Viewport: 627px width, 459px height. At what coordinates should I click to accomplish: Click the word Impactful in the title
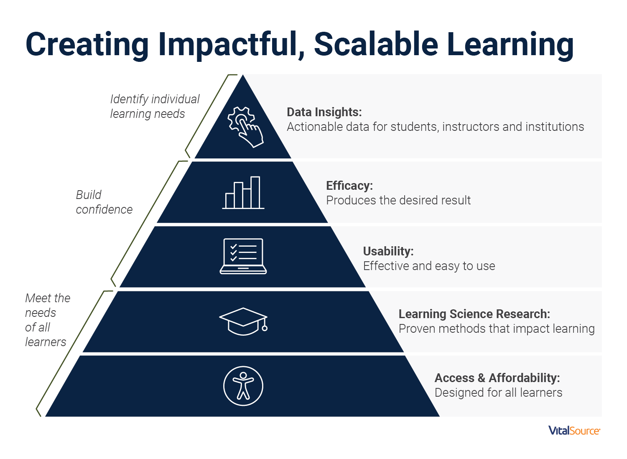click(231, 45)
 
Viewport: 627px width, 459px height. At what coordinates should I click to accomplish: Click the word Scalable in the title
click(376, 44)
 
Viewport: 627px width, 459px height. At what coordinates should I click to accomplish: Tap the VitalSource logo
click(574, 431)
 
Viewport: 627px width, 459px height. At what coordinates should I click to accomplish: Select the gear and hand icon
click(245, 127)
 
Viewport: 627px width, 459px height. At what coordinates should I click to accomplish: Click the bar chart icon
click(243, 193)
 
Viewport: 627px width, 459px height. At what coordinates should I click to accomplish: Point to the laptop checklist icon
click(243, 256)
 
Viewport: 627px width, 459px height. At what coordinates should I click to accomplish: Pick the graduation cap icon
click(243, 321)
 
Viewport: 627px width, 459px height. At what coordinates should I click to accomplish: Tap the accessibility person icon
click(243, 386)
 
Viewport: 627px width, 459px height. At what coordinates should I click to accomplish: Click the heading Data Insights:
click(324, 112)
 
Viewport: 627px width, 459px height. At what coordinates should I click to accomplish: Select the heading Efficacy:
click(349, 186)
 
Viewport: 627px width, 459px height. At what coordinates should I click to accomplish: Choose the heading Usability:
click(388, 251)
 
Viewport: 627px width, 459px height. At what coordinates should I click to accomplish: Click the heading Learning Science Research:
click(474, 314)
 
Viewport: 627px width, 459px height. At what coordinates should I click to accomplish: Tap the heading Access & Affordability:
click(497, 378)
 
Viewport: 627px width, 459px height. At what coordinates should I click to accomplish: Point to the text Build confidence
click(104, 202)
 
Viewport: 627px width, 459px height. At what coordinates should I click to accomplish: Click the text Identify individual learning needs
click(155, 106)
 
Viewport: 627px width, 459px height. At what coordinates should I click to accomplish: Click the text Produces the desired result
click(398, 200)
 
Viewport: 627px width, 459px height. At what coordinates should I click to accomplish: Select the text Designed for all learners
click(498, 393)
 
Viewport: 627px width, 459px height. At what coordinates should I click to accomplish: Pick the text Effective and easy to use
click(429, 266)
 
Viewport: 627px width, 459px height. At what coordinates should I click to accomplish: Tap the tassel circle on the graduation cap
click(265, 328)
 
